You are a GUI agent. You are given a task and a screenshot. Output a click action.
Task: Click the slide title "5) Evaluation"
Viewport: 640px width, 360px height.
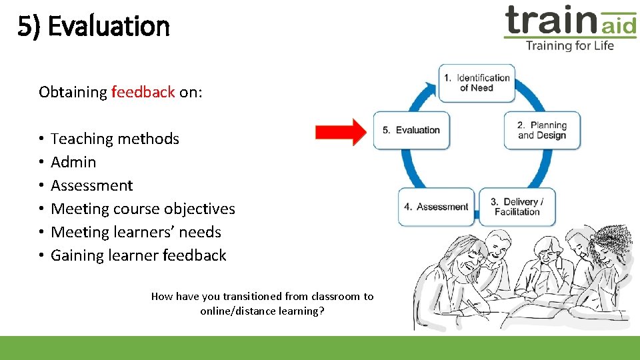[x=94, y=27]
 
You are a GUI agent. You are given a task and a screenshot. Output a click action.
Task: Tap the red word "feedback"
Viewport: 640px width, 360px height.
[x=143, y=92]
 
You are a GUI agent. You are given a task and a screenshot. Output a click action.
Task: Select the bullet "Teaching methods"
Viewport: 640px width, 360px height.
[x=115, y=139]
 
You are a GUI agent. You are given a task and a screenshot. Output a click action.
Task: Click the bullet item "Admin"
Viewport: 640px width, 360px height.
[x=73, y=162]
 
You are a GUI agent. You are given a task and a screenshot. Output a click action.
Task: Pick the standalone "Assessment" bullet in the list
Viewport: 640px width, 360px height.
[x=92, y=185]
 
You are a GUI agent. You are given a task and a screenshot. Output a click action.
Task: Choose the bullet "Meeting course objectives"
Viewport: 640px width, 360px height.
[x=143, y=209]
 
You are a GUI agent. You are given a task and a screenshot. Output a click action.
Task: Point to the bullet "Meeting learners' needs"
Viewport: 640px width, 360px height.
[x=136, y=232]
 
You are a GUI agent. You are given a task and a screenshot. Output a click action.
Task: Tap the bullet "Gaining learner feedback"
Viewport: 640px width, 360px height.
[x=139, y=255]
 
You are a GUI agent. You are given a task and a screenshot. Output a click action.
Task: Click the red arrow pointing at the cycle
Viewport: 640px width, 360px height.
[x=341, y=132]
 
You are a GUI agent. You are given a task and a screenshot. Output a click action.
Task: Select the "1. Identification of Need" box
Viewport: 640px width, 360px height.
[x=477, y=83]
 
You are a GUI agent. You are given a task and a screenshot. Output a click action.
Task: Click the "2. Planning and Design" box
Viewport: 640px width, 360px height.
[x=542, y=130]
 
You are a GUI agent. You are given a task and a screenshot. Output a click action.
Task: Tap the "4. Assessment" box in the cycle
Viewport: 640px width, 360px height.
[x=436, y=207]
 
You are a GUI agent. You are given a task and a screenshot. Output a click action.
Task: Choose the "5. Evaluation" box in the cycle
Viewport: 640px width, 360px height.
[x=412, y=130]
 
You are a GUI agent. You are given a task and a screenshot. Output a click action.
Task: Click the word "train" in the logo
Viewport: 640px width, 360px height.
[x=550, y=20]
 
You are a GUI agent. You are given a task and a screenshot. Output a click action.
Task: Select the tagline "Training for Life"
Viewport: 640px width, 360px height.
[x=569, y=45]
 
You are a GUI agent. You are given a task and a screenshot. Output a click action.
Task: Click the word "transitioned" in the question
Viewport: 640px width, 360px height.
[x=255, y=296]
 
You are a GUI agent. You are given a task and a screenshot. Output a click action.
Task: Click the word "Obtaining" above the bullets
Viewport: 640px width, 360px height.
[x=73, y=92]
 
